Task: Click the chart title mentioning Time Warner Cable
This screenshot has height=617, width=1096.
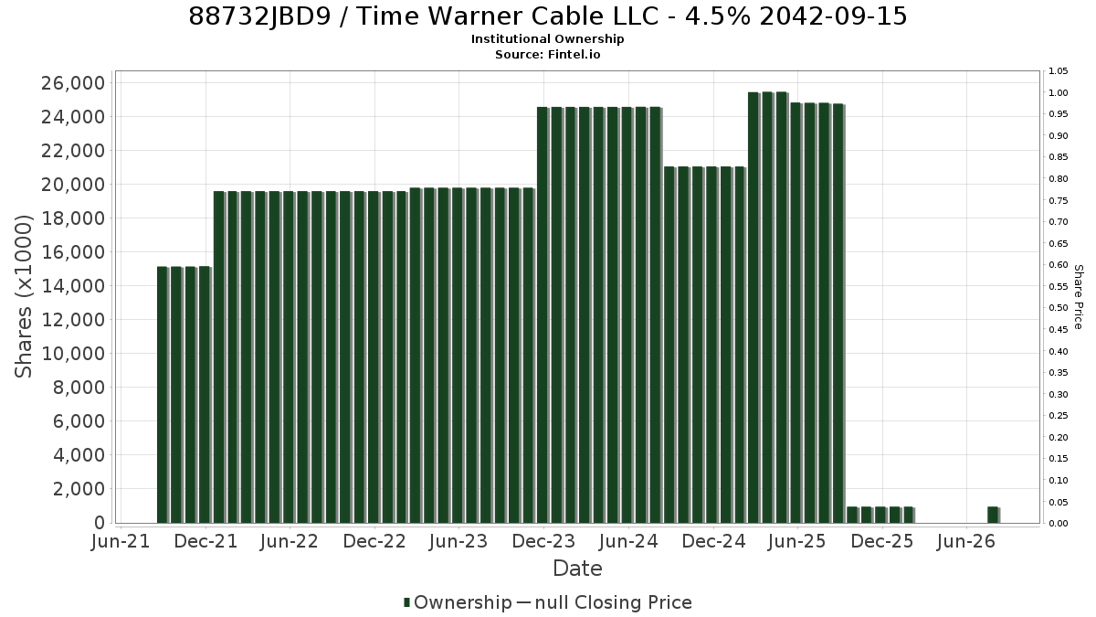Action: (x=547, y=16)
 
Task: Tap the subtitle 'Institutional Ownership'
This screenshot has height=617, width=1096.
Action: (x=547, y=39)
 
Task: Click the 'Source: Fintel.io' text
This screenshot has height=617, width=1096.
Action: (x=547, y=54)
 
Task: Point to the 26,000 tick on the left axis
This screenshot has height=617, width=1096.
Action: (x=73, y=83)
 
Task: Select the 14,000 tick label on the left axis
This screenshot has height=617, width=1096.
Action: (x=73, y=286)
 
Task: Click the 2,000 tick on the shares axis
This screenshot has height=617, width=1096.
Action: (x=79, y=489)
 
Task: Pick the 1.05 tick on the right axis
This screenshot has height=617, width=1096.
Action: (x=1058, y=71)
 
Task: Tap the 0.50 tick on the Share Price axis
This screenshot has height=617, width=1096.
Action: (x=1058, y=308)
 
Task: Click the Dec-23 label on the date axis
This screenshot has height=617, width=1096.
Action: (x=543, y=541)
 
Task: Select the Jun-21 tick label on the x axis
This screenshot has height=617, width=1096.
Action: (x=121, y=541)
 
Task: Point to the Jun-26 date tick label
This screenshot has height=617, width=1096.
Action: (x=966, y=541)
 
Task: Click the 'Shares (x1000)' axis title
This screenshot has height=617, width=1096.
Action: (x=23, y=297)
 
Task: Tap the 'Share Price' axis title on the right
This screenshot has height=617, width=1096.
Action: (x=1078, y=297)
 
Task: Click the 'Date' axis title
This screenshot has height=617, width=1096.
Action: (x=577, y=569)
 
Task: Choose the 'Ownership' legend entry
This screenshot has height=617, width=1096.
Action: (x=462, y=602)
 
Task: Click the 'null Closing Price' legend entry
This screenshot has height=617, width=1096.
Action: (x=614, y=602)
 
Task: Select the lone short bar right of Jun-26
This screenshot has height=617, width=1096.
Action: (x=993, y=516)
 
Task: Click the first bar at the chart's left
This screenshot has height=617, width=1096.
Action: (x=163, y=395)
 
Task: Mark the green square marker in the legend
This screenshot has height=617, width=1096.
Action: (x=406, y=602)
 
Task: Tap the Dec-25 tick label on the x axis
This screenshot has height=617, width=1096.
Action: (x=882, y=541)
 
